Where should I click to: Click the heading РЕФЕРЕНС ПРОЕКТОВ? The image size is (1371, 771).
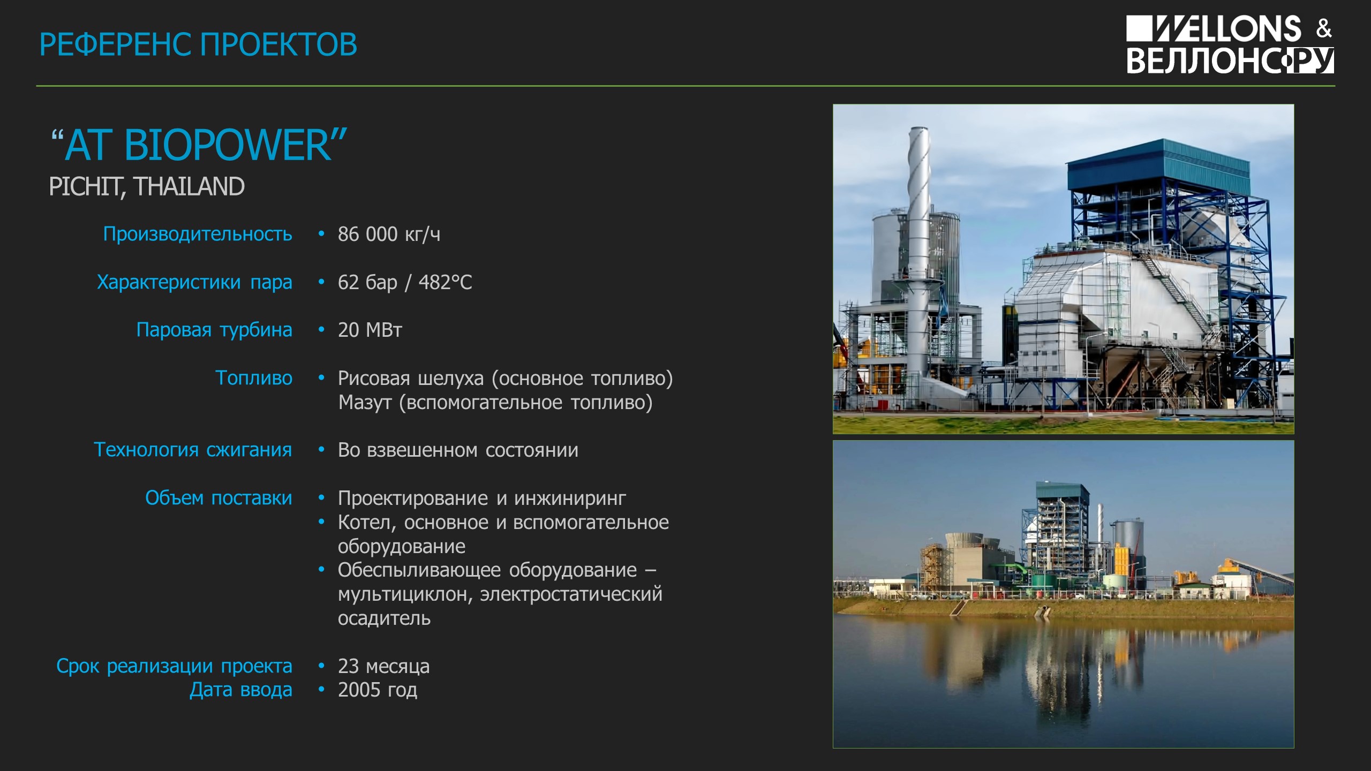click(x=198, y=44)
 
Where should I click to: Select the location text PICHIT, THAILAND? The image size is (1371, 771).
click(x=147, y=187)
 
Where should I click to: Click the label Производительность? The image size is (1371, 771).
click(x=198, y=235)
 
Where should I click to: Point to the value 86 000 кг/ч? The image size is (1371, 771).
click(x=389, y=235)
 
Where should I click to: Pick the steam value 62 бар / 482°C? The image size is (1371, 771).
click(x=405, y=282)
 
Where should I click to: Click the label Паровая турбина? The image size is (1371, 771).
click(x=214, y=330)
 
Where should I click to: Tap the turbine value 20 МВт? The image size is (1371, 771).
click(x=370, y=330)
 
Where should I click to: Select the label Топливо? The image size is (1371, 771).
click(x=254, y=378)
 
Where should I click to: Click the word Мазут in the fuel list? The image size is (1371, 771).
click(x=365, y=403)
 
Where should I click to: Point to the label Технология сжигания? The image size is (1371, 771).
click(x=193, y=450)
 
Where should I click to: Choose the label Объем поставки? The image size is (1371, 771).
click(x=219, y=498)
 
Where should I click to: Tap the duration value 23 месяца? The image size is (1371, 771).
click(x=383, y=666)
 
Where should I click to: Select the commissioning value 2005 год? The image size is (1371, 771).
click(x=377, y=690)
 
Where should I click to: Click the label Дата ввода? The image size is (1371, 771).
click(x=241, y=690)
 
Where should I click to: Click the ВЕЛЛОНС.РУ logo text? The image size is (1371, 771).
click(x=1230, y=61)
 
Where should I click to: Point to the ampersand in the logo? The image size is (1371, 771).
click(x=1324, y=28)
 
